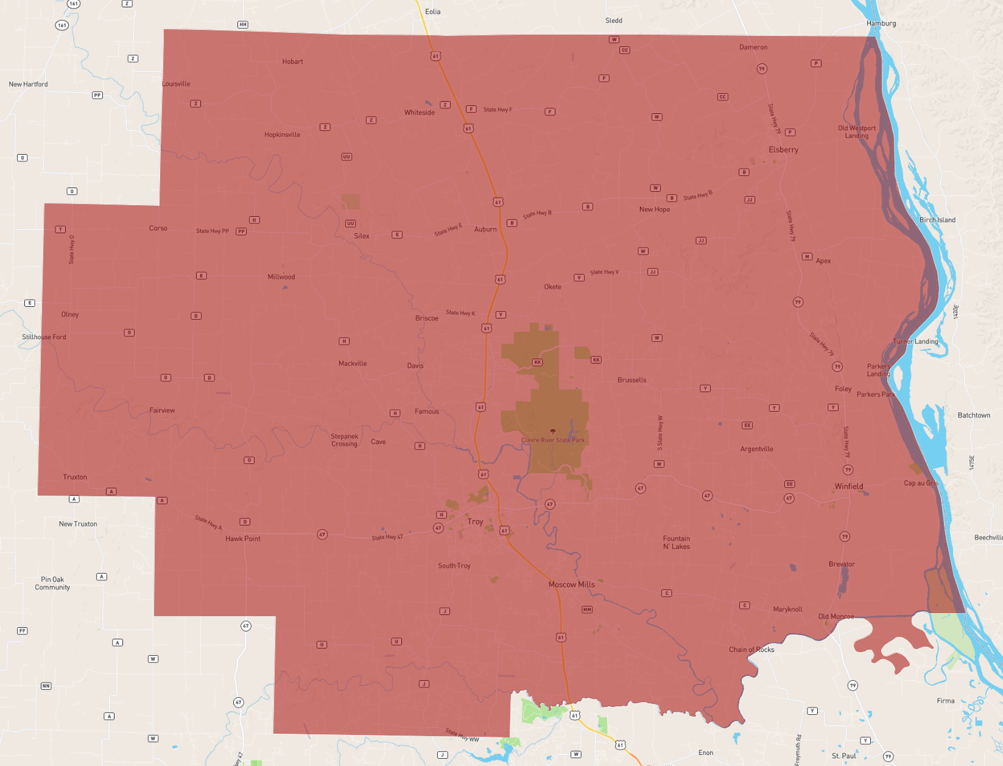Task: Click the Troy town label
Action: (x=475, y=522)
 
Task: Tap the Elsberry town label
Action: (x=783, y=150)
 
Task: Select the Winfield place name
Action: (x=849, y=487)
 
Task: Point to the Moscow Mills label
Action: (x=571, y=585)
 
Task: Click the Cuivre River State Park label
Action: (x=552, y=440)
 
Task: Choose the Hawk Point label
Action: (x=242, y=539)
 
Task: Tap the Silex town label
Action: (x=362, y=236)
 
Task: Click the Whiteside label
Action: (x=419, y=113)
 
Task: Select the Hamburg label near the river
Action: (x=881, y=24)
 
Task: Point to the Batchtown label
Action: (x=974, y=415)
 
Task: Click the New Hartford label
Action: (x=28, y=85)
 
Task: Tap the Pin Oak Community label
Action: (x=52, y=583)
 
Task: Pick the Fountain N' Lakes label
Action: (x=677, y=543)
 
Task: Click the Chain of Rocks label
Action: (x=751, y=650)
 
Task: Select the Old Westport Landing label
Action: (x=857, y=132)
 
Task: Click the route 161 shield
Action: (x=62, y=25)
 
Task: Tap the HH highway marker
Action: (x=243, y=25)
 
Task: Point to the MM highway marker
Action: (x=587, y=610)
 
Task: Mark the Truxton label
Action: (x=75, y=477)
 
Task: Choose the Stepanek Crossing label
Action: (x=344, y=440)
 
